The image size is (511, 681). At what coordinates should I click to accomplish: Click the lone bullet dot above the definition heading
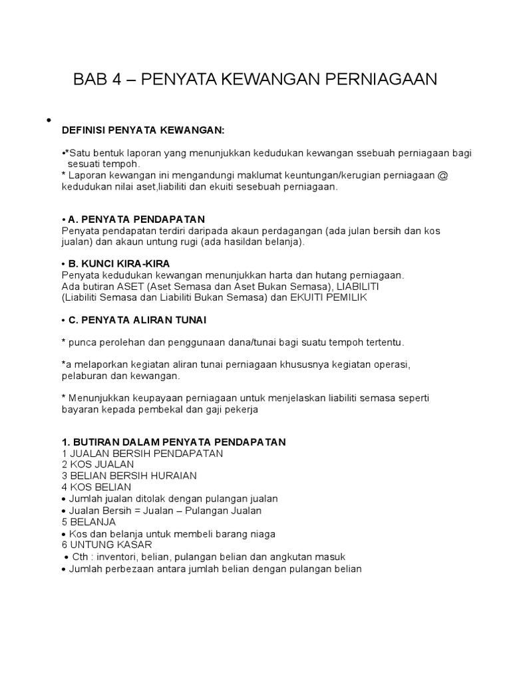tap(49, 120)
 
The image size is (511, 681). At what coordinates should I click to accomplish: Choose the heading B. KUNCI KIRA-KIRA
tap(126, 264)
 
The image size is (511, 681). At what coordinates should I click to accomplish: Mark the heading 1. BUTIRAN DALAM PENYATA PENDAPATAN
tap(173, 442)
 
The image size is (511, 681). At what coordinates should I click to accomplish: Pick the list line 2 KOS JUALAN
tap(98, 464)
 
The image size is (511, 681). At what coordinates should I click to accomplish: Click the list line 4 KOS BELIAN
tap(96, 487)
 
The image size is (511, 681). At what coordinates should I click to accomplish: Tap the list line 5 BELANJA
tap(88, 522)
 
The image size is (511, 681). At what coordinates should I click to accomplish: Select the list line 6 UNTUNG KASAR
tap(105, 545)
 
